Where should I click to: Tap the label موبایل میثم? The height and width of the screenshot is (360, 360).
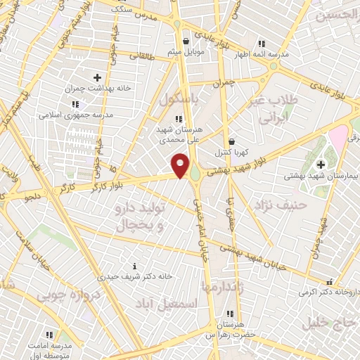(186, 51)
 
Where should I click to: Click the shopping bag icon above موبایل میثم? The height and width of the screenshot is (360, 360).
(186, 41)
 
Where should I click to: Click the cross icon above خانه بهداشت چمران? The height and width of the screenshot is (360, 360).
(97, 77)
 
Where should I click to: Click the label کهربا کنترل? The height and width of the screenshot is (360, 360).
(231, 151)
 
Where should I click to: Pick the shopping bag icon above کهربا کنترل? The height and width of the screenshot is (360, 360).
(231, 141)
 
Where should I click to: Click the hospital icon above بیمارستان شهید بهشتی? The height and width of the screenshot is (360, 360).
(321, 164)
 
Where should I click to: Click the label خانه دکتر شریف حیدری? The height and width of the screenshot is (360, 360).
(135, 276)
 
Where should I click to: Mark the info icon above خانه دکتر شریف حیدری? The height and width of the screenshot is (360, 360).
(135, 266)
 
